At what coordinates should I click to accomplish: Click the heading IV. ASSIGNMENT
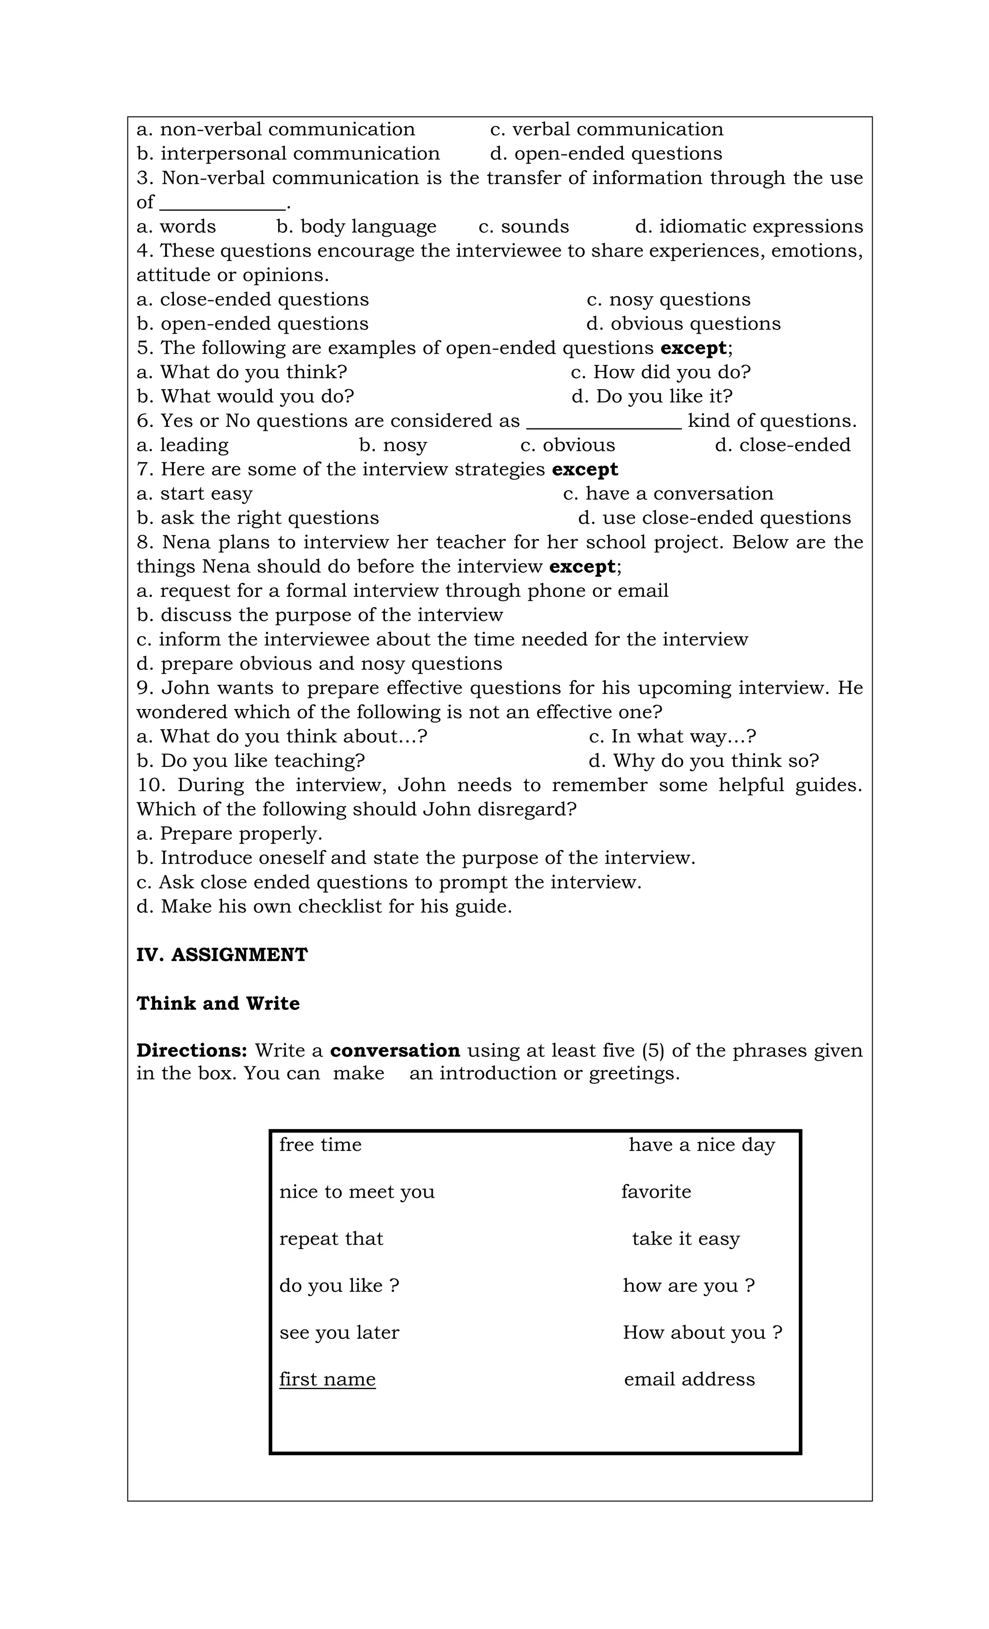[222, 955]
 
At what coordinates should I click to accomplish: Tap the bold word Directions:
[192, 1050]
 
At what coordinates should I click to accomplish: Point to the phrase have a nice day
[701, 1145]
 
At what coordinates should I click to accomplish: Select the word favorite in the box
[656, 1191]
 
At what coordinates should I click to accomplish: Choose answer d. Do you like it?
[652, 397]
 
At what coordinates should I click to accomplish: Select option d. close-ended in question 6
[783, 445]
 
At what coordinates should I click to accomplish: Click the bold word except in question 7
[584, 469]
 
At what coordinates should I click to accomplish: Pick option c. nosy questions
[668, 299]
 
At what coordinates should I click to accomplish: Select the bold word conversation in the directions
[395, 1050]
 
